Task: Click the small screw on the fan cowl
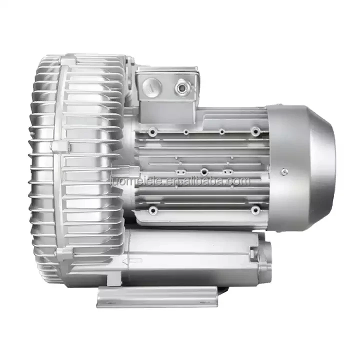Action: pos(285,171)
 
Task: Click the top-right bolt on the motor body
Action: pos(256,131)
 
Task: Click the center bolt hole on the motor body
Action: pos(204,171)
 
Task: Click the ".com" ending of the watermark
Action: pos(238,181)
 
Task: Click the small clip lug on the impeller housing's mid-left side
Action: pos(59,146)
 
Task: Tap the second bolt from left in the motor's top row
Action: pos(185,132)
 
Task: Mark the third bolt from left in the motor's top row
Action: pos(221,132)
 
